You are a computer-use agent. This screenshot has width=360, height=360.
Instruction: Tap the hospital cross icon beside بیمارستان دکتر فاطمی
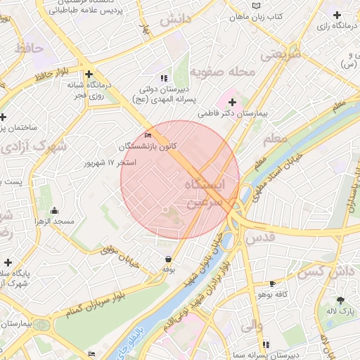(x=233, y=103)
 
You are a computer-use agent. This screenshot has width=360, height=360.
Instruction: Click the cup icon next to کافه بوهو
(x=272, y=284)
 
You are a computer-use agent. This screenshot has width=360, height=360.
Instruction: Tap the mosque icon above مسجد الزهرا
(x=55, y=210)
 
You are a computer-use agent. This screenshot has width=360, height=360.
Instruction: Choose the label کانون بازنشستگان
(x=148, y=146)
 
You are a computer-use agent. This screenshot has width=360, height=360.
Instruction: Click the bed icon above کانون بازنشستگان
(x=148, y=135)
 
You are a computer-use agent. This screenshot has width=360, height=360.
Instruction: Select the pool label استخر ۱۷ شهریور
(x=110, y=162)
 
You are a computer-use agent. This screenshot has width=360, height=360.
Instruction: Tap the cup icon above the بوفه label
(x=167, y=259)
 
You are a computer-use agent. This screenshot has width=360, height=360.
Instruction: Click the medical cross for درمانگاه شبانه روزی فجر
(x=89, y=73)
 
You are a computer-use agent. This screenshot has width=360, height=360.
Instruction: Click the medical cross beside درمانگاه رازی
(x=337, y=15)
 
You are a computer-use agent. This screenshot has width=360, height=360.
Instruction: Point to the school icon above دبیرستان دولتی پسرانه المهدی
(x=164, y=78)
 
